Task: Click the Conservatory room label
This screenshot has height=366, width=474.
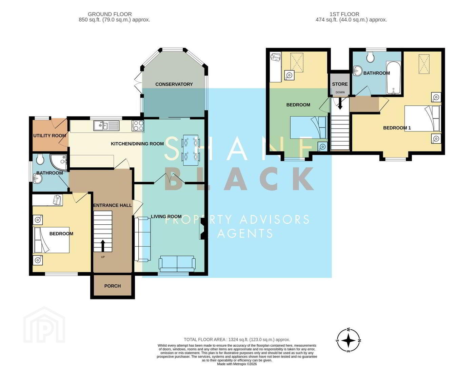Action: tap(174, 84)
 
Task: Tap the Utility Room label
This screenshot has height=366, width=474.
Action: tap(50, 136)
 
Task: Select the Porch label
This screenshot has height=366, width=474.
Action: tap(112, 286)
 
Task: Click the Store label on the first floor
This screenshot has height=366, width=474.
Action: tap(340, 84)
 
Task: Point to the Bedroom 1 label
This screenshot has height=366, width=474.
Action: tap(397, 128)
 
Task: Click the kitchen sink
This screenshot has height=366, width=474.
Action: tap(106, 126)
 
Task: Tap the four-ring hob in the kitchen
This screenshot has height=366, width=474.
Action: tap(138, 126)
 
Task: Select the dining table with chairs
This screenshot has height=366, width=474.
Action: tap(191, 150)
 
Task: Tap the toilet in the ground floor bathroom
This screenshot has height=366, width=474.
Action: tap(40, 160)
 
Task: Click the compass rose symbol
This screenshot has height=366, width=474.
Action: tap(348, 340)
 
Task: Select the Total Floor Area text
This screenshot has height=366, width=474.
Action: tap(237, 340)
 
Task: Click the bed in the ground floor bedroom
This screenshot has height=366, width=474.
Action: tap(51, 240)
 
